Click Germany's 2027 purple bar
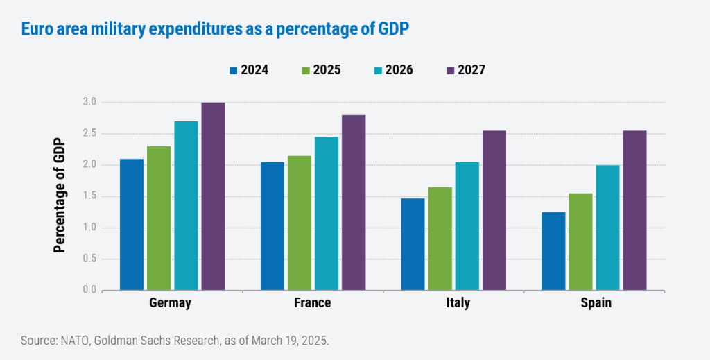tap(213, 196)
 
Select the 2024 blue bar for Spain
tap(553, 251)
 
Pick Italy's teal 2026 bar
tap(467, 226)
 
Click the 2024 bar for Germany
tap(132, 225)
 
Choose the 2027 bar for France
tap(354, 203)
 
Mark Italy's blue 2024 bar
tap(413, 244)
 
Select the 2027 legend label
tap(471, 70)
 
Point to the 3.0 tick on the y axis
tap(89, 103)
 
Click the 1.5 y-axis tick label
tap(89, 196)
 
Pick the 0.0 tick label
tap(89, 290)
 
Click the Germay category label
tap(170, 304)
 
